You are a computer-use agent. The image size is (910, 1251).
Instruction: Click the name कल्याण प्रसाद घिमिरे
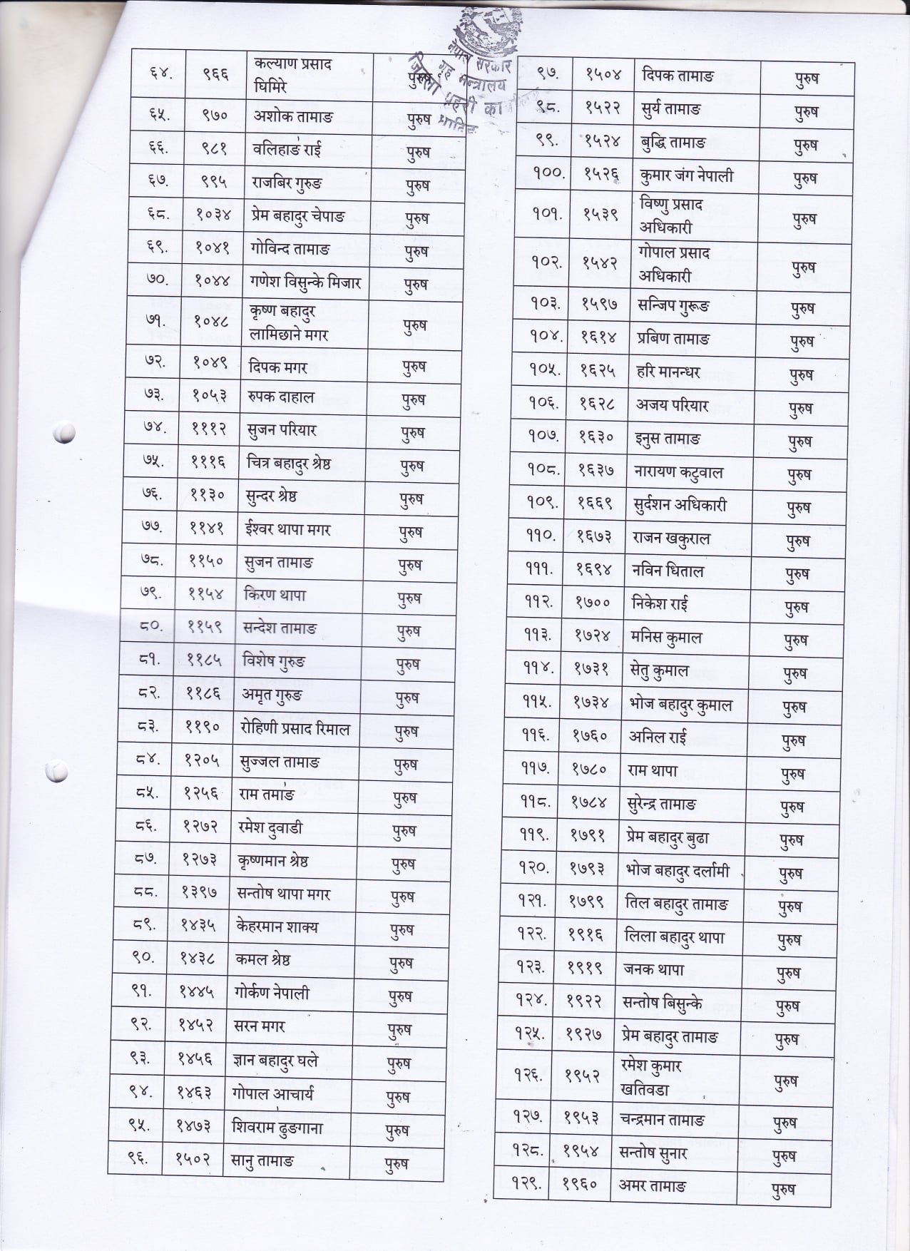(x=293, y=75)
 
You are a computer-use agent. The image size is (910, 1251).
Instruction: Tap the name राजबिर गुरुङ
(x=287, y=183)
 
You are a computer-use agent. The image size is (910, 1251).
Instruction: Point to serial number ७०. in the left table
(x=157, y=282)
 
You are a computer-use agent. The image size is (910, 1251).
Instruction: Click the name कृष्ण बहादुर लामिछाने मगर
(x=289, y=323)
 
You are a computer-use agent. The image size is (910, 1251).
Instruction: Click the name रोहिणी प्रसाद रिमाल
(x=295, y=729)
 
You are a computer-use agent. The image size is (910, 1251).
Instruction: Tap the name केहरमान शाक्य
(x=277, y=927)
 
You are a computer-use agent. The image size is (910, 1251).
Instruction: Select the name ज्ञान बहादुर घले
(x=275, y=1061)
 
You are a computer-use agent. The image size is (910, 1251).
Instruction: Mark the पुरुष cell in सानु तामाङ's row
(x=397, y=1164)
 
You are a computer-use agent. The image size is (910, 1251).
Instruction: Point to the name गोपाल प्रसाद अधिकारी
(x=674, y=264)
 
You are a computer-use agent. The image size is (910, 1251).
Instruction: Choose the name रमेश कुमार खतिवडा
(x=651, y=1078)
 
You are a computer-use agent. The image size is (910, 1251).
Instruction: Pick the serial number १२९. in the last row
(x=527, y=1185)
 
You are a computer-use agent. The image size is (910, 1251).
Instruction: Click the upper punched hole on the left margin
(x=64, y=432)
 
